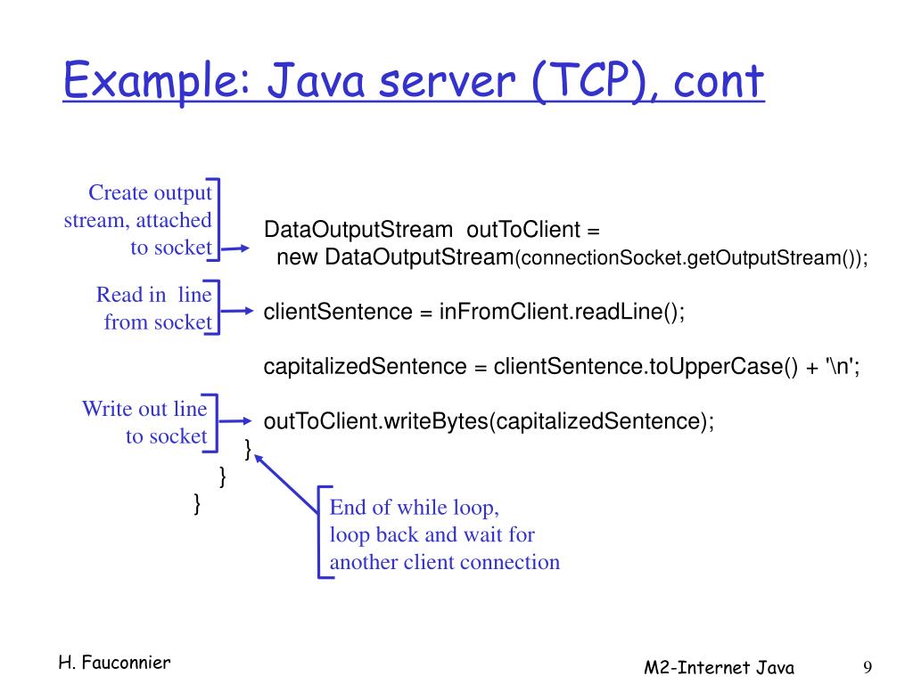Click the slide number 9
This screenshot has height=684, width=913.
[x=867, y=668]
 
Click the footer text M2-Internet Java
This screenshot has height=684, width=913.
[x=720, y=668]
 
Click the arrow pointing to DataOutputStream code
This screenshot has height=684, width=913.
[x=236, y=250]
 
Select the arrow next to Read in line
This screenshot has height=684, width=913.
[x=236, y=311]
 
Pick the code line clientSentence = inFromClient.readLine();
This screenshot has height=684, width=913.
[x=473, y=313]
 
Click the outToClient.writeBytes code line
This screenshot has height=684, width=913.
[x=489, y=421]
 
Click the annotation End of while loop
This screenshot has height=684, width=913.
[x=415, y=508]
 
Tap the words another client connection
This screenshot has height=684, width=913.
[x=444, y=562]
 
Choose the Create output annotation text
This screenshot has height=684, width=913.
[x=150, y=193]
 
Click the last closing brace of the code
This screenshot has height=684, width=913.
[x=197, y=504]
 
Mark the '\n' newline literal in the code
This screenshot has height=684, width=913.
[x=840, y=366]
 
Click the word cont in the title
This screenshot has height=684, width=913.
[x=719, y=83]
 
